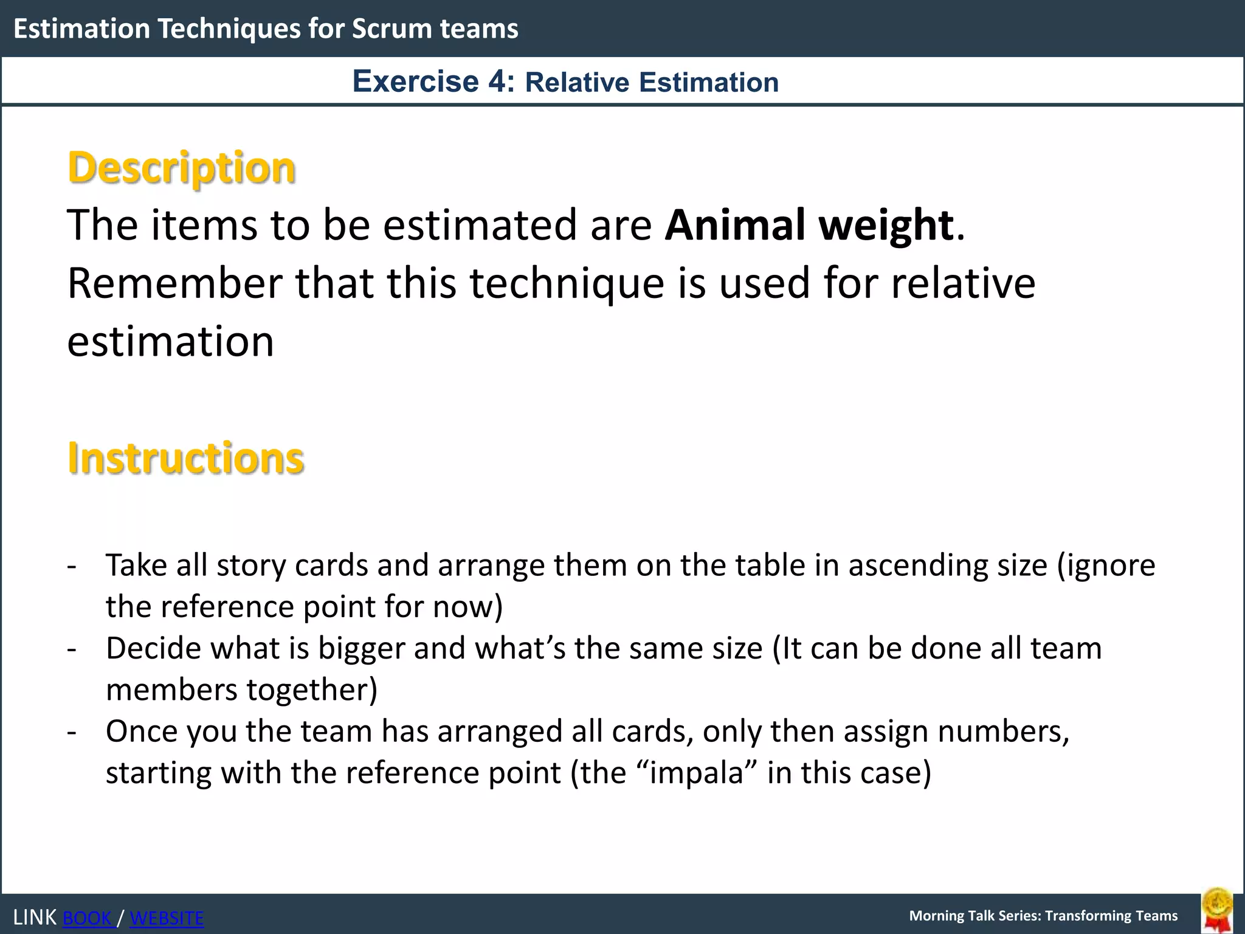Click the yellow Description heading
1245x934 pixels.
click(181, 168)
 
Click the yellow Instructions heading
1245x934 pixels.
click(185, 458)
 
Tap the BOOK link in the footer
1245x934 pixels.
click(88, 918)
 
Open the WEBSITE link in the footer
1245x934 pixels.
click(167, 918)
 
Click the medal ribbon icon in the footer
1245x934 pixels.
click(1217, 910)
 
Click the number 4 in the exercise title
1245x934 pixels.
click(497, 81)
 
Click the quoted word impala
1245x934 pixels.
click(697, 773)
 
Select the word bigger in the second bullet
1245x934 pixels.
click(361, 649)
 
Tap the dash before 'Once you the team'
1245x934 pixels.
click(72, 732)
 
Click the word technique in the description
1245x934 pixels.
click(567, 285)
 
